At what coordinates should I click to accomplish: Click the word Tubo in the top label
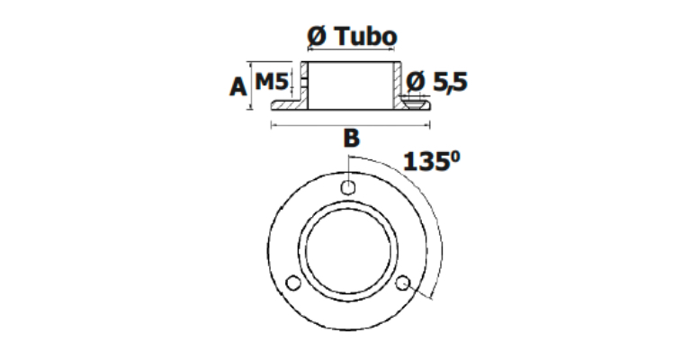366,36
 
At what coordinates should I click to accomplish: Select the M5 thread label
272,82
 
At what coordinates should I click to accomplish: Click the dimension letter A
238,86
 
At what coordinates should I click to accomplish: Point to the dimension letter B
351,139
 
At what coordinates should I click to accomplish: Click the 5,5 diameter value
450,82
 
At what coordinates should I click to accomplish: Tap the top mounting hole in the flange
348,187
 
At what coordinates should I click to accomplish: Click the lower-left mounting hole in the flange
293,283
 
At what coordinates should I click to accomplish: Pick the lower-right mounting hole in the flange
403,283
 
